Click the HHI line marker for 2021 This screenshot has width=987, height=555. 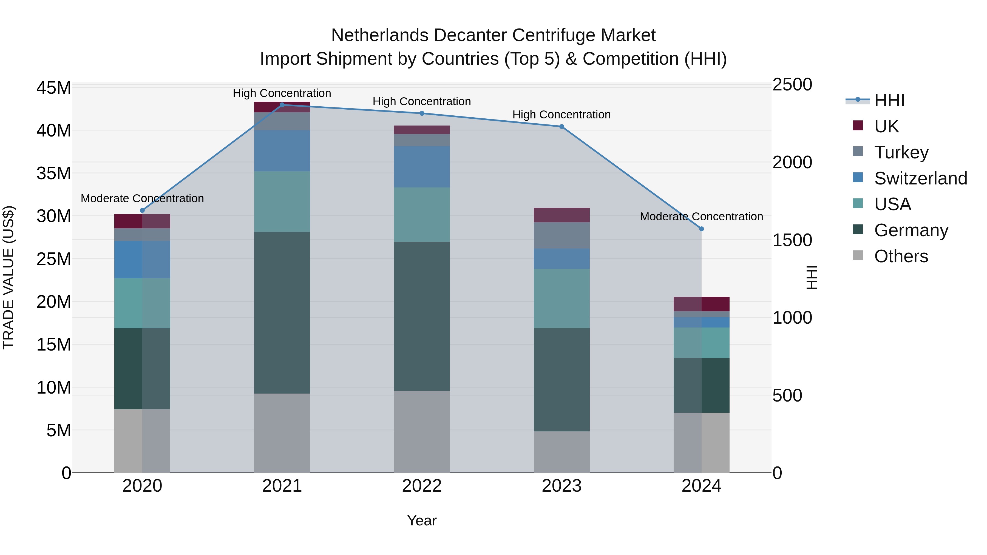(x=282, y=105)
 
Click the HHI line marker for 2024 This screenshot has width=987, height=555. (x=702, y=229)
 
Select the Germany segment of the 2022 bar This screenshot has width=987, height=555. (x=422, y=316)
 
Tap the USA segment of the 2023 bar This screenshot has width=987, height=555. (x=562, y=298)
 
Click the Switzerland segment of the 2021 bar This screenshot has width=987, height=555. (x=282, y=151)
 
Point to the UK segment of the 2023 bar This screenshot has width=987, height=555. (x=562, y=215)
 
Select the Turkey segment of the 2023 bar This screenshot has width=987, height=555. (x=562, y=235)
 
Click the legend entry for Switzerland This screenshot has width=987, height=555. (x=920, y=178)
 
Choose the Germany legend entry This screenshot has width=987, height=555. (x=911, y=230)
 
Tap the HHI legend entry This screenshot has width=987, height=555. (x=889, y=100)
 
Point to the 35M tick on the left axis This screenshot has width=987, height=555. (x=54, y=173)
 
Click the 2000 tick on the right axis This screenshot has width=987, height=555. (x=792, y=163)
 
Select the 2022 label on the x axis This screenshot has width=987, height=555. (x=422, y=486)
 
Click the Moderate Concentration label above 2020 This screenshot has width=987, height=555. (x=142, y=198)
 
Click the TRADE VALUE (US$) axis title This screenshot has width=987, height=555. (x=9, y=277)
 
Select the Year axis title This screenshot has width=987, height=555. (x=422, y=520)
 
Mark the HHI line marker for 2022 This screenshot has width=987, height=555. (x=422, y=113)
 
